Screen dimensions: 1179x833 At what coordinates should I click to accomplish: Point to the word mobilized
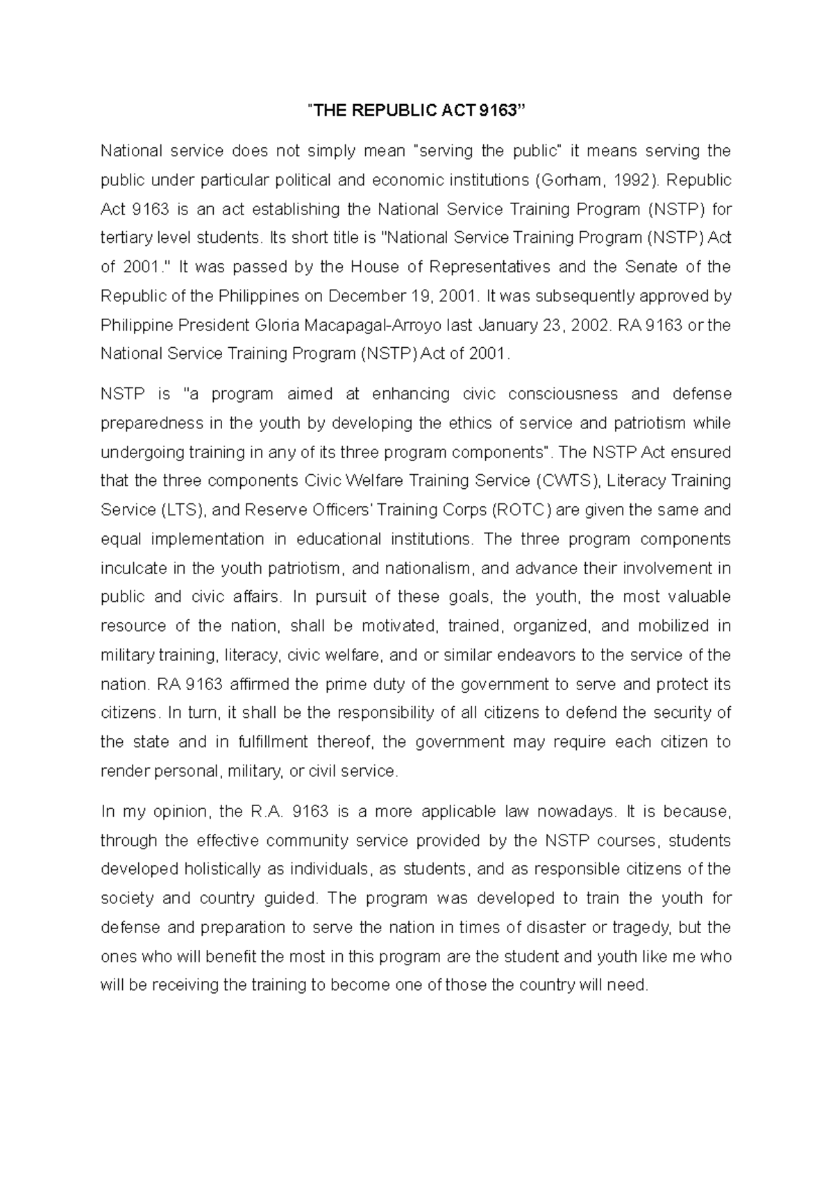[673, 626]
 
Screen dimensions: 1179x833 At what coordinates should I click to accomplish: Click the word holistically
[233, 869]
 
